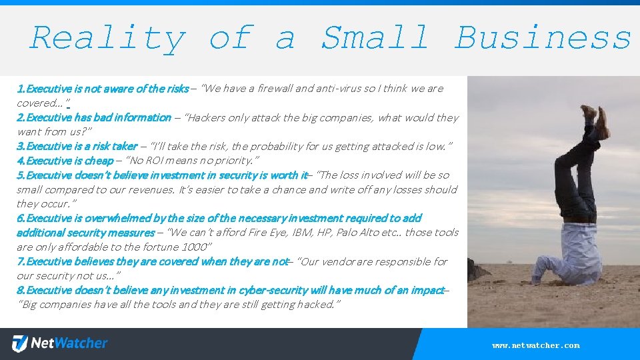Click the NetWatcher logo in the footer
click(x=60, y=344)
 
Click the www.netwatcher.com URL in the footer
click(x=536, y=345)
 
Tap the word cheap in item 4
click(x=99, y=161)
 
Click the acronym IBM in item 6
click(x=302, y=233)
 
